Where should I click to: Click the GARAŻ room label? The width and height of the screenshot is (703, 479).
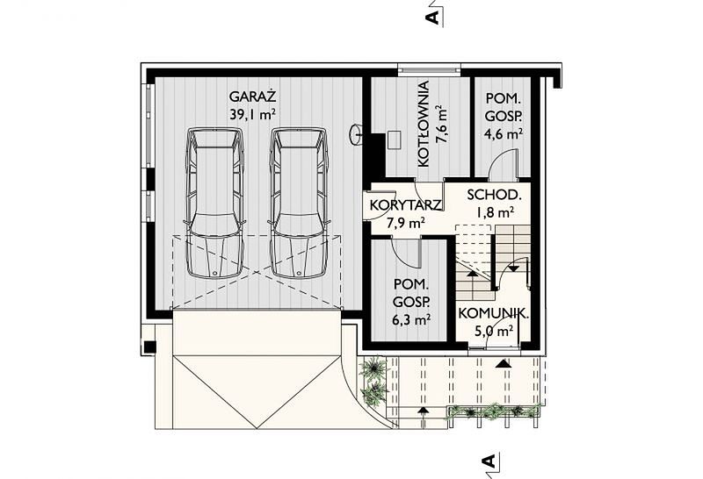click(x=252, y=97)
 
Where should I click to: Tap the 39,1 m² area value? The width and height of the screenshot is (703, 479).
click(x=252, y=115)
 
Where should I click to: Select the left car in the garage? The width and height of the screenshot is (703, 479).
click(x=214, y=203)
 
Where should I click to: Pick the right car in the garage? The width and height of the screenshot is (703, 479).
click(x=300, y=203)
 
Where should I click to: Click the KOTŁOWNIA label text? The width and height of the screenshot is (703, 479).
click(x=424, y=124)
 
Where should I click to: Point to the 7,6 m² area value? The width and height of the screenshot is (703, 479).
click(x=442, y=124)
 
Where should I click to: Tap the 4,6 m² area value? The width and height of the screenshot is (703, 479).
click(x=504, y=133)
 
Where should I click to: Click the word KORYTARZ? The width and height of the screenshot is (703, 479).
click(x=406, y=205)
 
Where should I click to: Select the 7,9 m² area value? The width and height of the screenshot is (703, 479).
click(x=406, y=223)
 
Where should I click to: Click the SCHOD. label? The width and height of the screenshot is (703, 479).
click(x=494, y=195)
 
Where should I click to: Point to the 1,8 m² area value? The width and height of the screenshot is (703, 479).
click(x=495, y=211)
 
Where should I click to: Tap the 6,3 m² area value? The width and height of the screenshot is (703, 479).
click(x=411, y=319)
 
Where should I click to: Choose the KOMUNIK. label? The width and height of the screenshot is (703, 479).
click(x=493, y=313)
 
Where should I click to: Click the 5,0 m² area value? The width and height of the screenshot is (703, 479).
click(x=493, y=331)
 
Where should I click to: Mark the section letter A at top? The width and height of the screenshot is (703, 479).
click(x=433, y=17)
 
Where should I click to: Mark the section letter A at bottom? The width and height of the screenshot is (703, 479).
click(x=489, y=461)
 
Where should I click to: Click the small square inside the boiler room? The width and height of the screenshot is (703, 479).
click(x=395, y=139)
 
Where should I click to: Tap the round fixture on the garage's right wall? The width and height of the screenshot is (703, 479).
click(x=358, y=133)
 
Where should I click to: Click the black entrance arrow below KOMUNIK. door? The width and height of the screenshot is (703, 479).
click(x=503, y=363)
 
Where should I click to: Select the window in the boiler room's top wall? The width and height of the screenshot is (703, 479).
click(x=429, y=70)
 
